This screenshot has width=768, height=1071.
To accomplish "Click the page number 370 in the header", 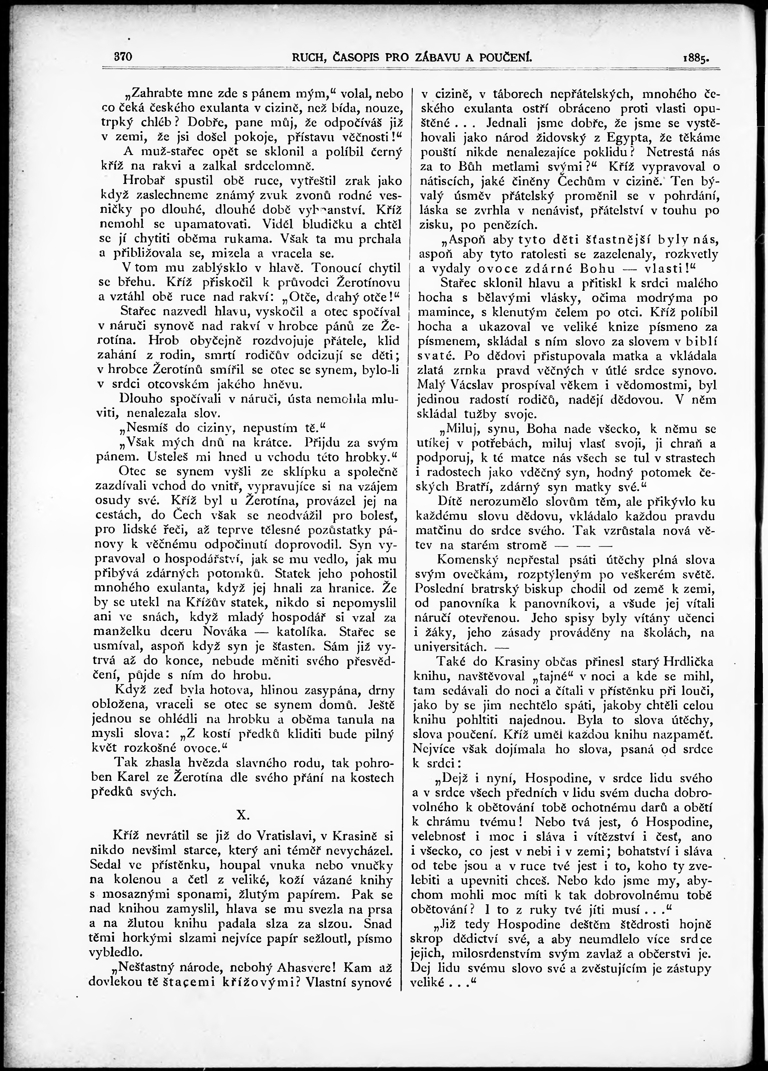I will coord(122,57).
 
